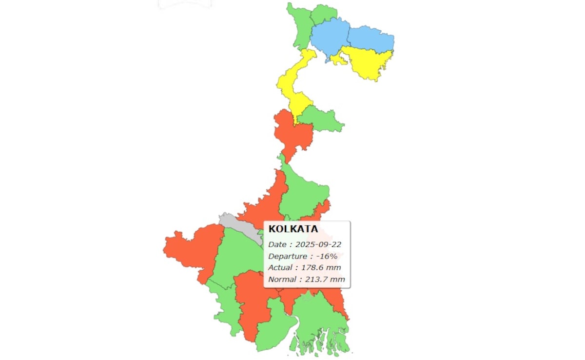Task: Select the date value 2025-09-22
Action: [316, 244]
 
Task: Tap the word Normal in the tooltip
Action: [281, 280]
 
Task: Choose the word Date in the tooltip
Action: [277, 244]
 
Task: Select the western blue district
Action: [330, 39]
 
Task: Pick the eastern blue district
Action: [370, 39]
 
